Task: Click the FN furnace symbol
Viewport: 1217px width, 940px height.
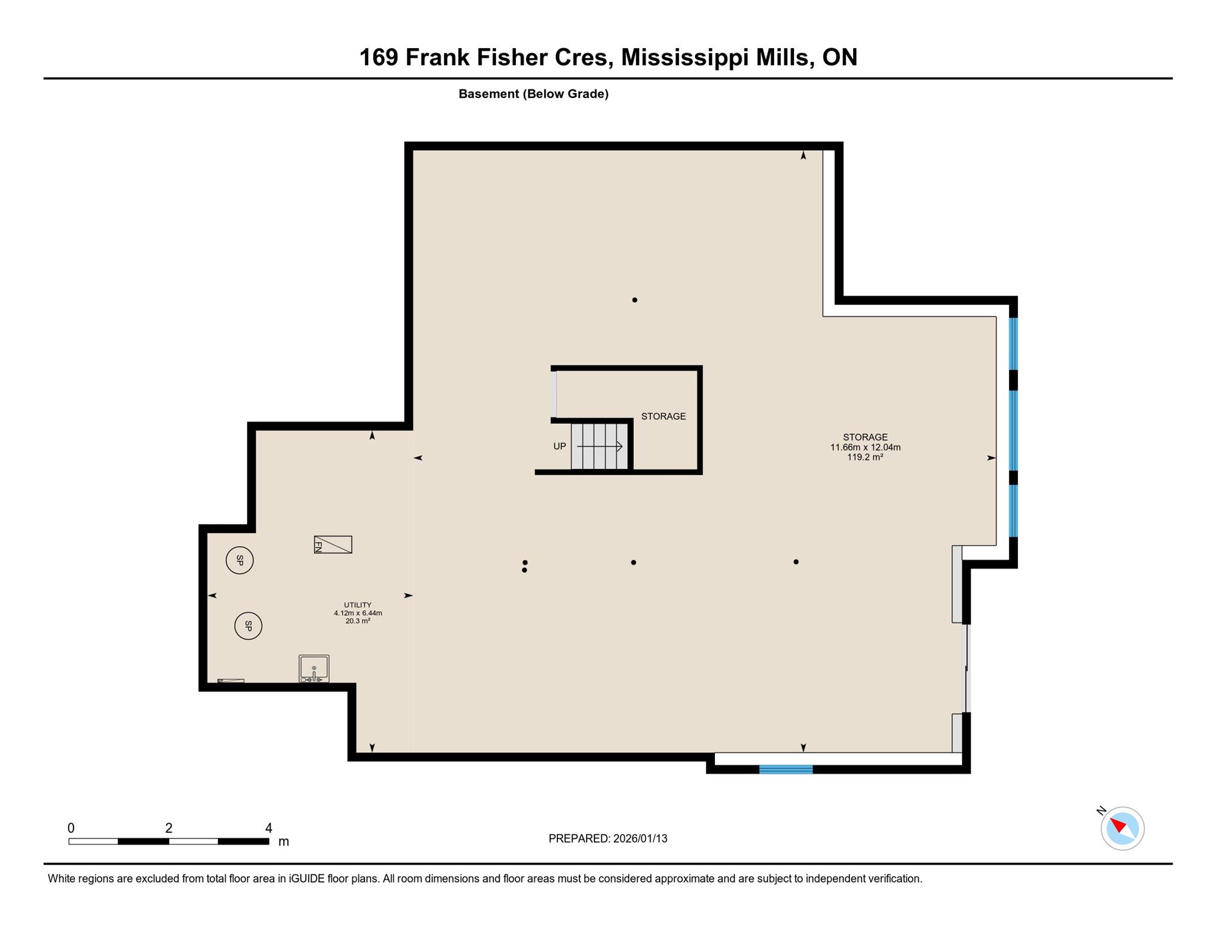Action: tap(333, 544)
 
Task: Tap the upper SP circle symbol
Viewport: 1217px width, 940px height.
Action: tap(240, 560)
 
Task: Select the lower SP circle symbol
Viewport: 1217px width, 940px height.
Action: tap(248, 625)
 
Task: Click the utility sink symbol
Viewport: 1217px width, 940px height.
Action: tap(314, 668)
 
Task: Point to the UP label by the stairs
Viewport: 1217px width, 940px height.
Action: tap(560, 446)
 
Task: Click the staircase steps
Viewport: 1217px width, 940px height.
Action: tap(599, 447)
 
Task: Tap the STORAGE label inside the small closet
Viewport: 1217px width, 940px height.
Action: tap(663, 416)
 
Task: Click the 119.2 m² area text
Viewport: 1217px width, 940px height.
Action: tap(865, 457)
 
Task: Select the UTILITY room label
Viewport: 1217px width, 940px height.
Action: tap(358, 605)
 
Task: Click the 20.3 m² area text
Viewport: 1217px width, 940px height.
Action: tap(358, 621)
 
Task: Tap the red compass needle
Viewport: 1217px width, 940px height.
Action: tap(1118, 825)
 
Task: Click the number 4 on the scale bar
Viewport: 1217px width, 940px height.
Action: tap(268, 827)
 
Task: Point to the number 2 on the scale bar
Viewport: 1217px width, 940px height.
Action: tap(169, 827)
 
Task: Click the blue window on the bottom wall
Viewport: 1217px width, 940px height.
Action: tap(786, 769)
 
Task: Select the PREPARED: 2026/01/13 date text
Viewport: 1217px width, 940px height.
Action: tap(608, 838)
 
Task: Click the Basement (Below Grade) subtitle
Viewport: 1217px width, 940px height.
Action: tap(534, 94)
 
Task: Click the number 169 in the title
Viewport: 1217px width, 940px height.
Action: tap(378, 57)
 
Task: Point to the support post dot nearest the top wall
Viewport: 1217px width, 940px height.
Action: tap(635, 300)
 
